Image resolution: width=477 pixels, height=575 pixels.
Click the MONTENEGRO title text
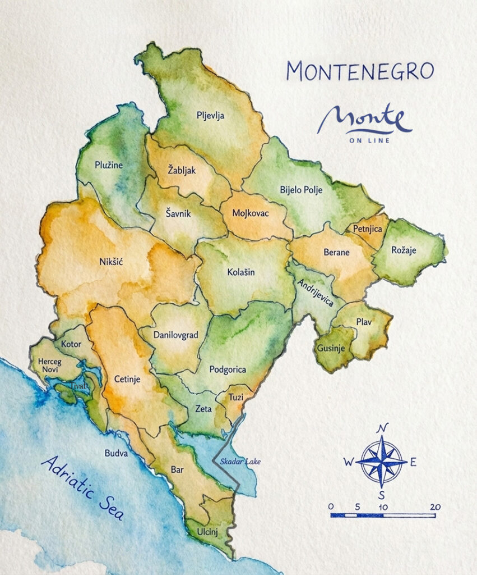360,71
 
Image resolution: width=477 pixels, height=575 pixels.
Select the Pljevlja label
210,116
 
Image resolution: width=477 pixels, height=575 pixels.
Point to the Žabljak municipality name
182,171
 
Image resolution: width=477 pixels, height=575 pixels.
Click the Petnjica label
367,229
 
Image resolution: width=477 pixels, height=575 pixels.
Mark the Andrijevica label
314,293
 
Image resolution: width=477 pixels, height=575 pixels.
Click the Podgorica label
228,369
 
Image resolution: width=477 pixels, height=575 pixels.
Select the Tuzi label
235,397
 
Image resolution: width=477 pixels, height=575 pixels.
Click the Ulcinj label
207,530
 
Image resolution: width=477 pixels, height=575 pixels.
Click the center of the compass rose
382,462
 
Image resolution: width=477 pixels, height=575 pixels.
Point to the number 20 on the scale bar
435,506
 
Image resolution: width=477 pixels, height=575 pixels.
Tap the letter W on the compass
348,462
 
